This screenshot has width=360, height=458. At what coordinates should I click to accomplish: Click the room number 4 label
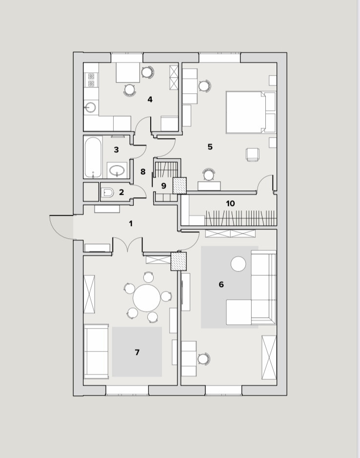pos(150,100)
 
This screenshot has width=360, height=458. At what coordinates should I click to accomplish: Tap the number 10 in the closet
pos(230,204)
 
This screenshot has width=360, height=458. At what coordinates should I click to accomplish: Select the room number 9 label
pos(164,186)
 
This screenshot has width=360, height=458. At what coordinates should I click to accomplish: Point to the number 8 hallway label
pos(142,172)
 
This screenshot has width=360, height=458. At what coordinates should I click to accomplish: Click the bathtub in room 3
pos(93,157)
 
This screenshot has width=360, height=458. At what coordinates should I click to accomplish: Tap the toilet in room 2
pos(108,192)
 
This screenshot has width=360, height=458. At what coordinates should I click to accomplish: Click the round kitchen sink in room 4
pos(90,107)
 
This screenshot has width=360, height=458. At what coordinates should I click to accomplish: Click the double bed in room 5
pos(251,112)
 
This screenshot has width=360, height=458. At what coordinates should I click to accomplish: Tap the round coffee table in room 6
pos(239,264)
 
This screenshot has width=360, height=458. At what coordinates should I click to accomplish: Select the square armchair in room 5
pos(253,154)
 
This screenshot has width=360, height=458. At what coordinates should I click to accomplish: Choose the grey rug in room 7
pos(137,352)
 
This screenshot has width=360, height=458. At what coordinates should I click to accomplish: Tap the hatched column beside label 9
pos(180,186)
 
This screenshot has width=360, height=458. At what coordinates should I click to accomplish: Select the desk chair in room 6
pos(204,358)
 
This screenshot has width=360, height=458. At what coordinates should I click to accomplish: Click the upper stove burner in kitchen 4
pos(91,77)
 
